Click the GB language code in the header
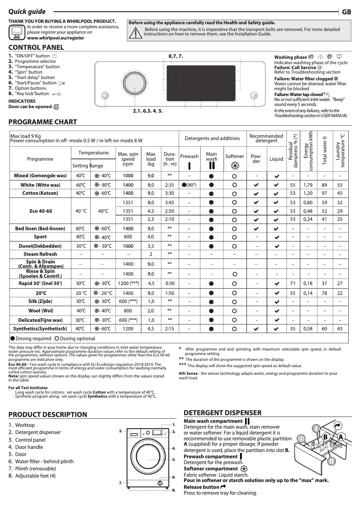point(347,12)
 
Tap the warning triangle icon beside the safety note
point(135,32)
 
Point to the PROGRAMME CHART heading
point(43,122)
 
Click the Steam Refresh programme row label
point(40,254)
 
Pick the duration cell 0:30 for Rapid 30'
point(170,284)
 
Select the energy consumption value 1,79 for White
point(307,185)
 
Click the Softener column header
point(234,157)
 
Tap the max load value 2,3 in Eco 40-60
point(151,219)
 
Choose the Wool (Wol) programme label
point(40,311)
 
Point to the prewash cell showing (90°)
point(189,185)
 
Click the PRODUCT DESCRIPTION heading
point(48,414)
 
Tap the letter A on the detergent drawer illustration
point(341,437)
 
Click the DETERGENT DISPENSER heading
point(223,412)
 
